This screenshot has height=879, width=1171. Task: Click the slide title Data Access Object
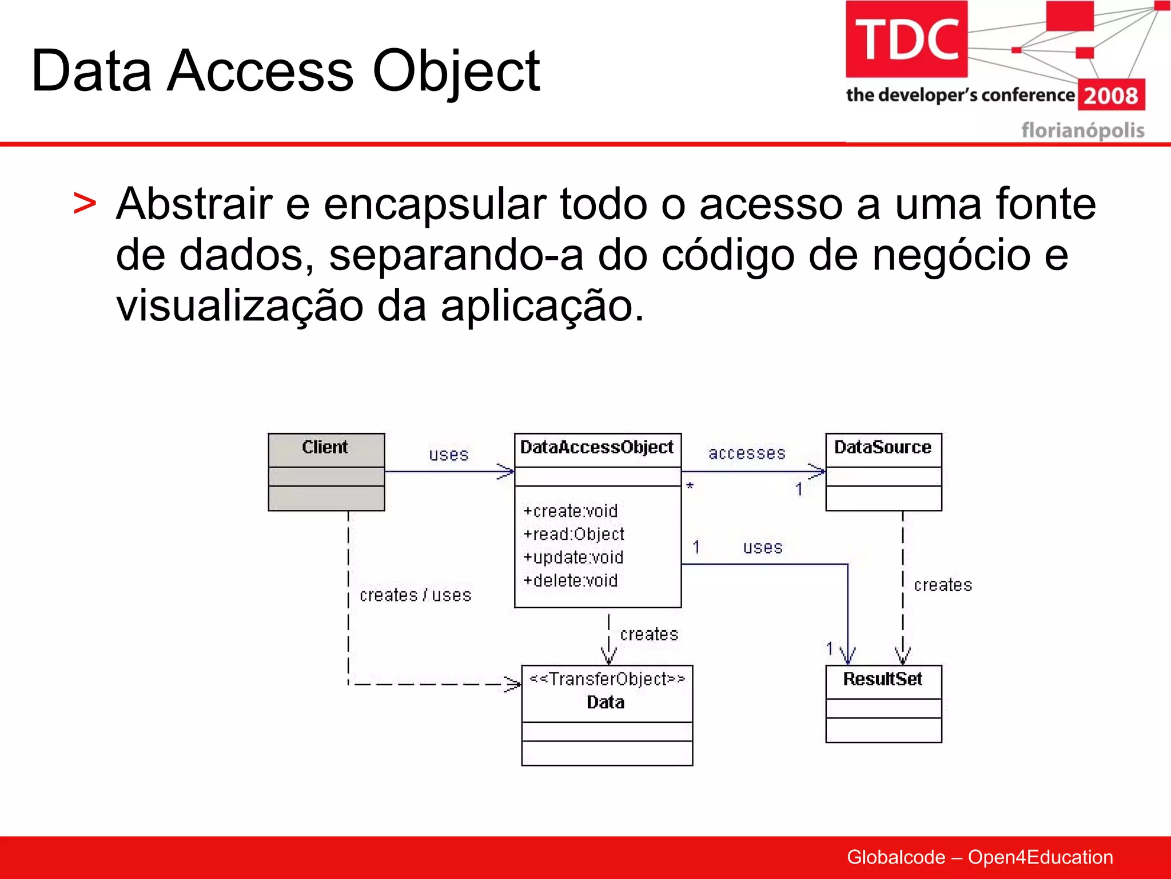pos(285,71)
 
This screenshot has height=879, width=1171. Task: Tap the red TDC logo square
pos(906,39)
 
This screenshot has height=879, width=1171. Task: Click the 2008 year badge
pos(1111,96)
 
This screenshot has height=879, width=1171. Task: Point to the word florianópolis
pos(1082,130)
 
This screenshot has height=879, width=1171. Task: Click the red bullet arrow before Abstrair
pos(85,204)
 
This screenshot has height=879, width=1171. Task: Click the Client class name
pos(325,447)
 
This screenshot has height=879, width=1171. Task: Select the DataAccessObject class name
pos(597,447)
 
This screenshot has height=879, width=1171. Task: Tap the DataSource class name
pos(883,447)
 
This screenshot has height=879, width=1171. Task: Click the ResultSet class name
pos(883,679)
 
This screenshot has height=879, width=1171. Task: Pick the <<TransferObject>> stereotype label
pos(607,679)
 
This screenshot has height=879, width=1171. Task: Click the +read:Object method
pos(573,534)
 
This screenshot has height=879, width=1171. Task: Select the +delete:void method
pos(571,580)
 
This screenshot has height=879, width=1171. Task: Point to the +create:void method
pos(571,510)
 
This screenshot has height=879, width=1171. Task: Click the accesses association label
pos(747,453)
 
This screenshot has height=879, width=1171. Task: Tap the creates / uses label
pos(415,595)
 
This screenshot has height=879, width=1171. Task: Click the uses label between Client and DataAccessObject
pos(449,455)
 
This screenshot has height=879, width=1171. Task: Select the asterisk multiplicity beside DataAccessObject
pos(690,486)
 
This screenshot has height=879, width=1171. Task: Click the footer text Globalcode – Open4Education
pos(979,857)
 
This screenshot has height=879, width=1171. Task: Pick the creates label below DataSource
pos(943,585)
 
